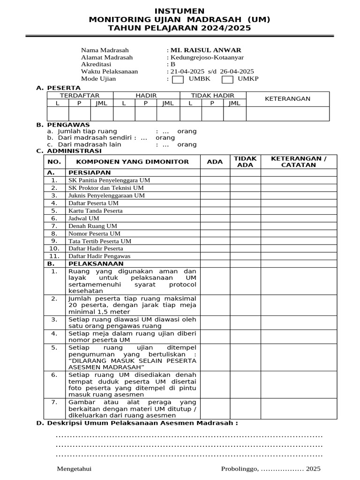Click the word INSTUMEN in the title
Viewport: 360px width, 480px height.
pos(180,11)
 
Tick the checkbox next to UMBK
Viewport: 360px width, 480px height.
pos(178,79)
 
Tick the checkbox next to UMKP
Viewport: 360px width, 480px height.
pos(228,79)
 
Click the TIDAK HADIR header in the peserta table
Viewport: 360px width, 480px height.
pos(212,96)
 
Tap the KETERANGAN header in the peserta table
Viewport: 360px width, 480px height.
pos(288,99)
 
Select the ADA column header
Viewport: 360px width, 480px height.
pos(215,162)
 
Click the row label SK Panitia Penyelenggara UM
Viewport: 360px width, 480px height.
pos(109,180)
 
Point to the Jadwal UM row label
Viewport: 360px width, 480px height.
pos(84,218)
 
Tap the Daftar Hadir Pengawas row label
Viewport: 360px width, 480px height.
pos(99,256)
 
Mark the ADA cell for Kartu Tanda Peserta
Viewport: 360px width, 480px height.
pos(215,210)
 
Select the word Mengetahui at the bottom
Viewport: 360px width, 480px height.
pos(74,469)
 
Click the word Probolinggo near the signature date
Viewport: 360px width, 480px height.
pos(239,469)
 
